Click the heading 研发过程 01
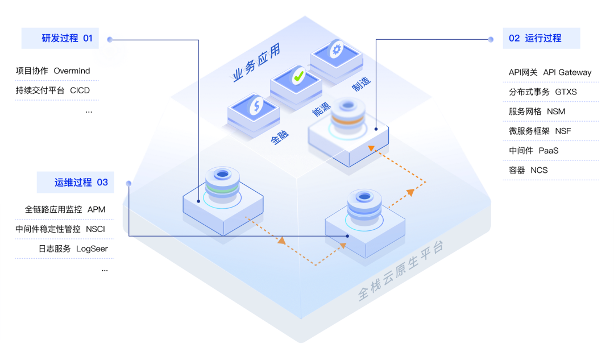(x=67, y=38)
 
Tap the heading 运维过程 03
(x=81, y=183)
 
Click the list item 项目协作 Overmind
(x=53, y=71)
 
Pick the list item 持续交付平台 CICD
(x=53, y=90)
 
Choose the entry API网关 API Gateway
(x=550, y=72)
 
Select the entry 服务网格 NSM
(x=537, y=111)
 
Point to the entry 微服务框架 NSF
(x=540, y=131)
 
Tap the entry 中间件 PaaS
(x=533, y=151)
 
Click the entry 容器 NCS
(x=528, y=170)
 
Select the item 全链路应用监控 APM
(x=65, y=209)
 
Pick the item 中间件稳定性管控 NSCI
(x=60, y=229)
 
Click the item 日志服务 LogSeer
(x=73, y=249)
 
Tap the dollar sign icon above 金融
(x=256, y=105)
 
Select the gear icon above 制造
(x=336, y=49)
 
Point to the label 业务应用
(x=256, y=64)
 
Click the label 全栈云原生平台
(x=401, y=271)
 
